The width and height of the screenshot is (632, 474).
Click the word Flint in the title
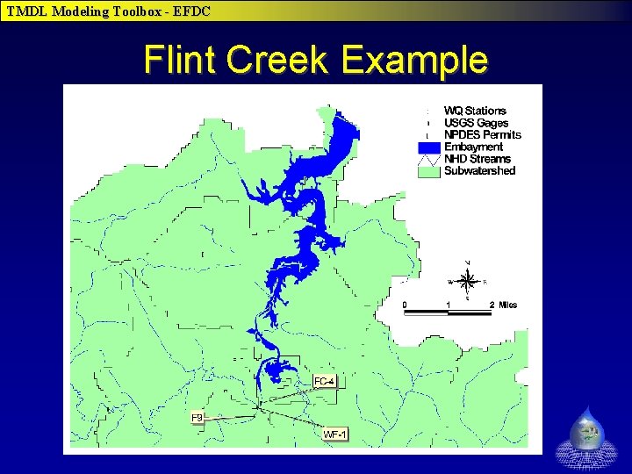click(180, 60)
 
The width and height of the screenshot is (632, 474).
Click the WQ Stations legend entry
click(475, 111)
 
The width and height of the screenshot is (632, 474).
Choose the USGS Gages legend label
click(476, 123)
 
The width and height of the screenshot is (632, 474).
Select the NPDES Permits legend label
click(482, 135)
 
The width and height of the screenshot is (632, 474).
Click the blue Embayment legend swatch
click(428, 147)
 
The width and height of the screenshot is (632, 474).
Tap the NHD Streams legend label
click(477, 159)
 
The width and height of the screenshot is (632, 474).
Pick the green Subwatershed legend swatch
click(428, 171)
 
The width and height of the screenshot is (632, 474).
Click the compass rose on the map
click(467, 281)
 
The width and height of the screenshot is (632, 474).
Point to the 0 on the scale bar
click(405, 305)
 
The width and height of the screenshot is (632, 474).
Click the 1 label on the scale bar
click(449, 305)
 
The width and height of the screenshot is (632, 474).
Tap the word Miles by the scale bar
click(508, 305)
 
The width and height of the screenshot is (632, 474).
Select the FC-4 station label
click(324, 381)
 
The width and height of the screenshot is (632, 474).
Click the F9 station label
click(197, 418)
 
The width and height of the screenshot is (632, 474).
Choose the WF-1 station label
click(335, 434)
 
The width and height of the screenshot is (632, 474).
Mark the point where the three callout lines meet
click(259, 406)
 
